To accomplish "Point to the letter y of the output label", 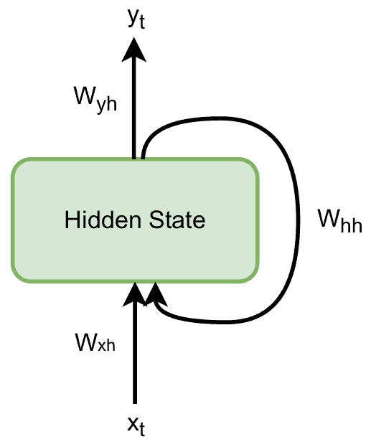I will tap(132, 20).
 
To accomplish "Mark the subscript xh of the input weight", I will tap(105, 344).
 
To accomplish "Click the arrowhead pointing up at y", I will tap(133, 50).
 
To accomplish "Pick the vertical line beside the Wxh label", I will tap(134, 359).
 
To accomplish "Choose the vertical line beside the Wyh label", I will tap(133, 108).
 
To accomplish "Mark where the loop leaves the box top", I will tap(143, 154).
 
